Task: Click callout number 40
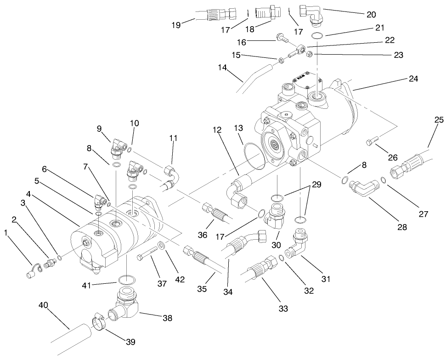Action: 43,305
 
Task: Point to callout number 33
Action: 283,309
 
